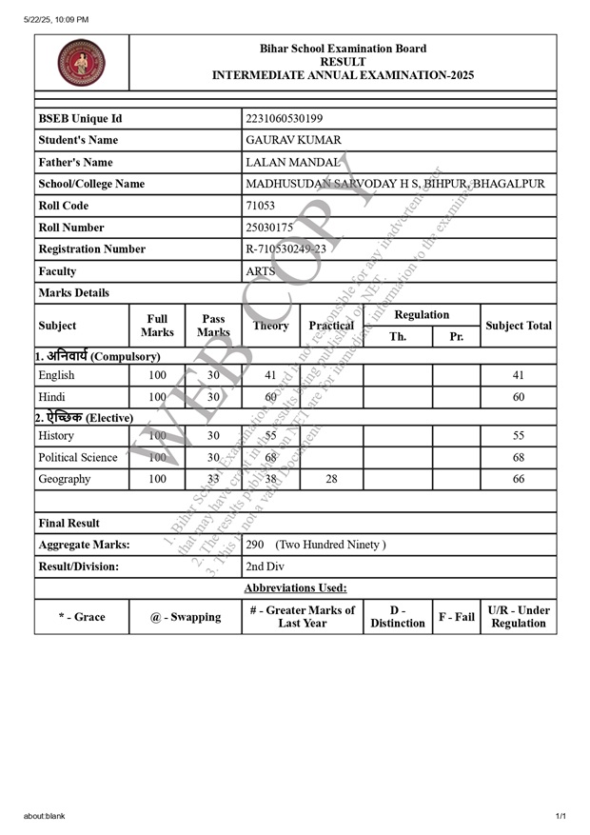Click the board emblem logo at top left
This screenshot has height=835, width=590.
[x=82, y=64]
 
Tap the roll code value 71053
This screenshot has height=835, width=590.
[x=260, y=206]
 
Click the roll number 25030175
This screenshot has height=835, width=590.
[x=269, y=228]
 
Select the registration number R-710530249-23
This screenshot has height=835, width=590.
[x=285, y=249]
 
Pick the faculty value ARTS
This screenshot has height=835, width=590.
[x=260, y=271]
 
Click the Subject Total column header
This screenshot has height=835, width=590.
[x=519, y=326]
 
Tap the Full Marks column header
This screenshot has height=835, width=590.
[x=157, y=326]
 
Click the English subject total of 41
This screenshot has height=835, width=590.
[x=519, y=375]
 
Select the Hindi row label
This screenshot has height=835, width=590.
[x=51, y=397]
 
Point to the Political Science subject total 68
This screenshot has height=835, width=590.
[x=519, y=458]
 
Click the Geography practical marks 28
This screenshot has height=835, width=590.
[x=331, y=480]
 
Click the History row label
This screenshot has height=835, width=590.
[x=57, y=436]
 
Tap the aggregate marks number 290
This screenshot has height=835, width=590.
[x=255, y=546]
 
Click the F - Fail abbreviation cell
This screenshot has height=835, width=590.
[x=456, y=617]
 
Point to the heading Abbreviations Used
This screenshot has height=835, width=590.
[x=295, y=588]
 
